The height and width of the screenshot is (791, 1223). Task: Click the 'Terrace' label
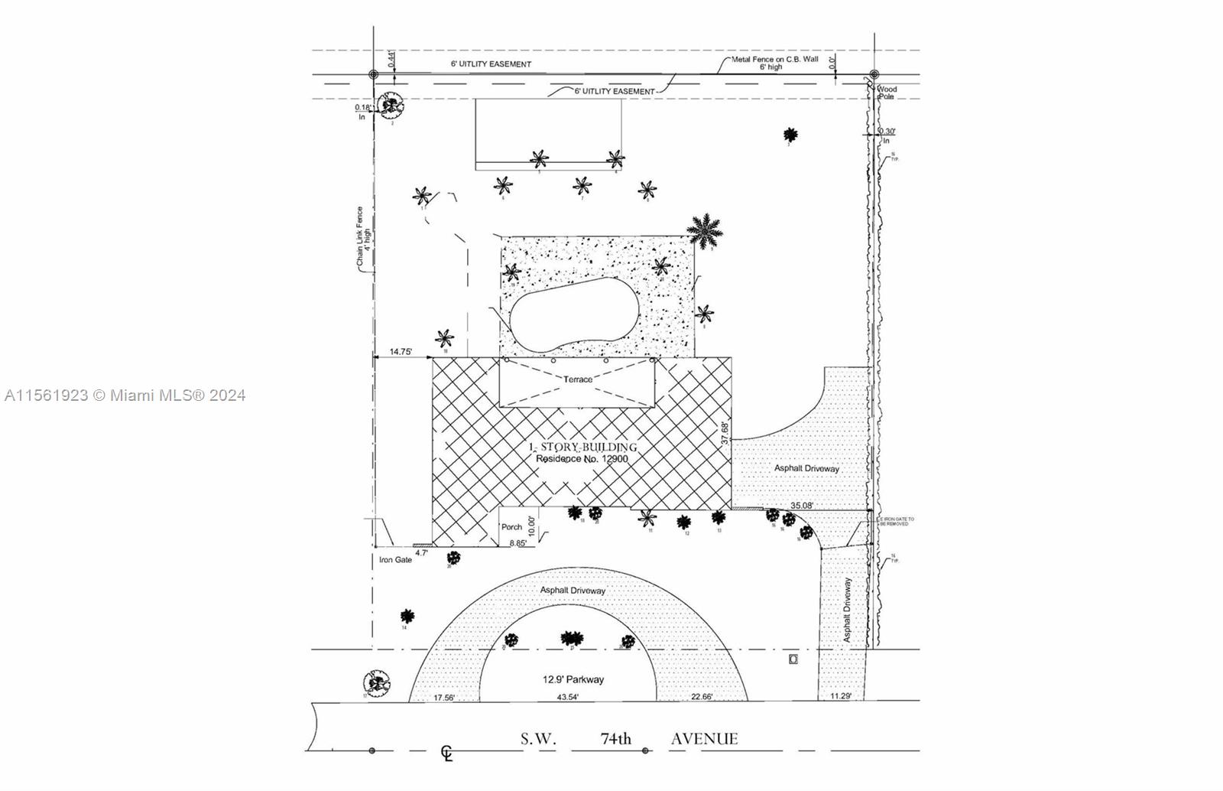pyautogui.click(x=578, y=379)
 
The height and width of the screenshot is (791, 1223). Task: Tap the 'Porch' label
pyautogui.click(x=511, y=527)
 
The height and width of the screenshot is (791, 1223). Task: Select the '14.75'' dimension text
pyautogui.click(x=401, y=352)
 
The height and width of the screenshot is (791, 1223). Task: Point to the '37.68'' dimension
pyautogui.click(x=725, y=431)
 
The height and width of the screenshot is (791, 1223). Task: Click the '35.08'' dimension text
pyautogui.click(x=802, y=506)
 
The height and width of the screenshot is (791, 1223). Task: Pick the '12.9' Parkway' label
pyautogui.click(x=573, y=679)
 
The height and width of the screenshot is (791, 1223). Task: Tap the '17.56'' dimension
pyautogui.click(x=444, y=698)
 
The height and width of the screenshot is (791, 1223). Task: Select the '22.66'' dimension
pyautogui.click(x=701, y=697)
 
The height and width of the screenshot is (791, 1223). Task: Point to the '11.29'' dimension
pyautogui.click(x=840, y=696)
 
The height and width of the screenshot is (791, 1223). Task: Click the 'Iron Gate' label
pyautogui.click(x=395, y=560)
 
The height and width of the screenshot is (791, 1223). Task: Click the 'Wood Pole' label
pyautogui.click(x=887, y=93)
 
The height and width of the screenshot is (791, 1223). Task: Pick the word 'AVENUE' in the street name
pyautogui.click(x=704, y=739)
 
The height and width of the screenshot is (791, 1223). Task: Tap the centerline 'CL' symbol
pyautogui.click(x=446, y=754)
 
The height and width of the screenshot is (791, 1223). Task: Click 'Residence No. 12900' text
pyautogui.click(x=582, y=459)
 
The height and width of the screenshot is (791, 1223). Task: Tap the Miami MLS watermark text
pyautogui.click(x=125, y=395)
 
